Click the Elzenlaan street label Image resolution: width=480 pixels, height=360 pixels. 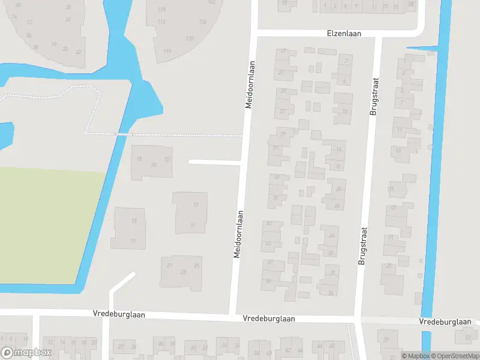coord(344,34)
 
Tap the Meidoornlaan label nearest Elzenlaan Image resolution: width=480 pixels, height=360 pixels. coord(251,84)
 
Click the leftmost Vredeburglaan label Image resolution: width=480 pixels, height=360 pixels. coord(119,314)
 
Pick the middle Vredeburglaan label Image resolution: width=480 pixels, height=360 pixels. coord(269,319)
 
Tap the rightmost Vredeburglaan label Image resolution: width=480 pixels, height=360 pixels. coord(445,322)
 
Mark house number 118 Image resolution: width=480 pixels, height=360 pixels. coord(161,10)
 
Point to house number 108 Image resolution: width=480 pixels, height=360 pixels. coord(203,22)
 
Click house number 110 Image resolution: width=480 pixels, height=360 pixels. coord(190,38)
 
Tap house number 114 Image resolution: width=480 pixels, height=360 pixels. coord(167,51)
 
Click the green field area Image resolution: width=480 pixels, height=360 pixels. coord(48,222)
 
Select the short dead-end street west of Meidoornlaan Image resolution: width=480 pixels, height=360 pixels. coord(214,161)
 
